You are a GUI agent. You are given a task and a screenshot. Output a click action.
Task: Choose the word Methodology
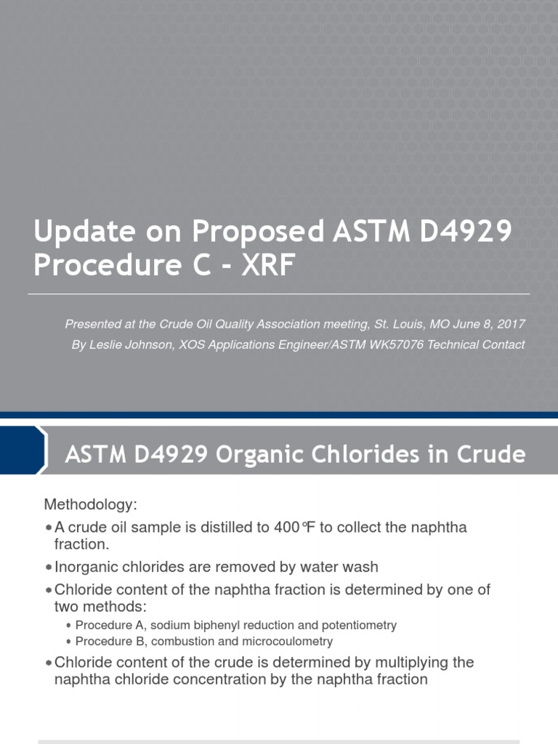tap(91, 504)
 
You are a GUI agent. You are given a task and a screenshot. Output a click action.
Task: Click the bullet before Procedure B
tap(68, 642)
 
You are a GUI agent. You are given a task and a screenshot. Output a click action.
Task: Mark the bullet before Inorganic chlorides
tap(48, 566)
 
